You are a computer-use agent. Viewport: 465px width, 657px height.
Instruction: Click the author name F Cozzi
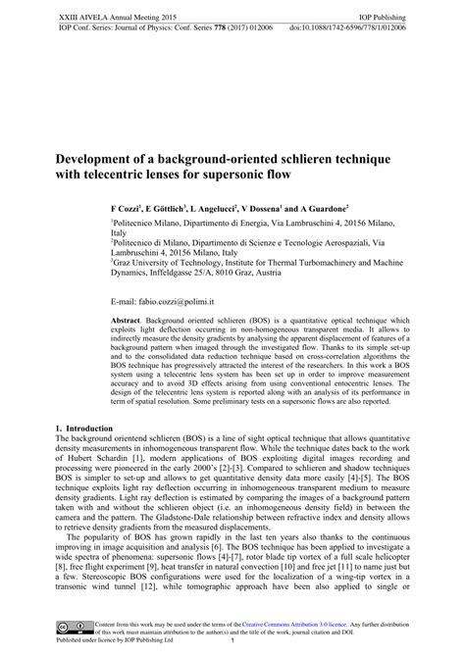click(126, 210)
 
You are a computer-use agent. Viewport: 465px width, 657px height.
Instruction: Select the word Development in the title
click(95, 158)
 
